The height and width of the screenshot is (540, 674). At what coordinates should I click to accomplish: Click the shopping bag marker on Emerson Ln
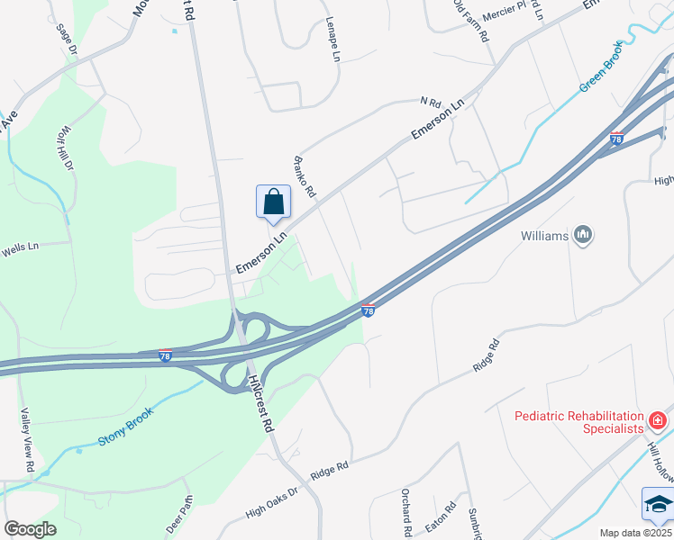coord(273,202)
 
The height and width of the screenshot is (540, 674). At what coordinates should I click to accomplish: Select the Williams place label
coord(545,237)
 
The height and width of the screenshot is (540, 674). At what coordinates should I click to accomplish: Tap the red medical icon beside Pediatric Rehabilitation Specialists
coord(658,420)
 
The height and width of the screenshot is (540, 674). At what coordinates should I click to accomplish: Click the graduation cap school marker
coord(657,505)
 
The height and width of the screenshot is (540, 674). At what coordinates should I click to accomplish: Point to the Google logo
coord(30,529)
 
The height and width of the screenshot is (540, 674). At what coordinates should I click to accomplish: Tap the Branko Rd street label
coord(305,176)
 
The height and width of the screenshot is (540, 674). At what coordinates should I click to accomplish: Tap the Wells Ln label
coord(21,246)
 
